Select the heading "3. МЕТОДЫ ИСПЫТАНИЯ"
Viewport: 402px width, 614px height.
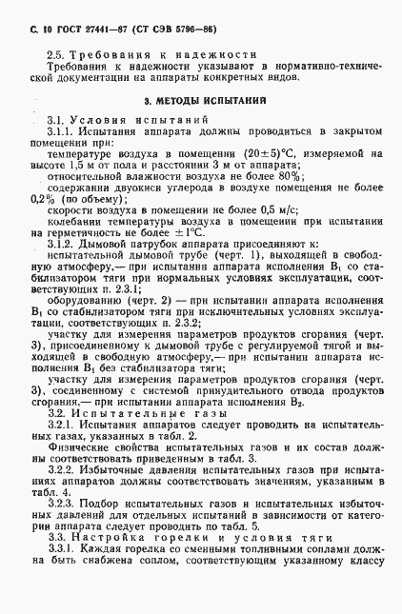200,99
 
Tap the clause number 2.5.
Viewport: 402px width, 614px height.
55,56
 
